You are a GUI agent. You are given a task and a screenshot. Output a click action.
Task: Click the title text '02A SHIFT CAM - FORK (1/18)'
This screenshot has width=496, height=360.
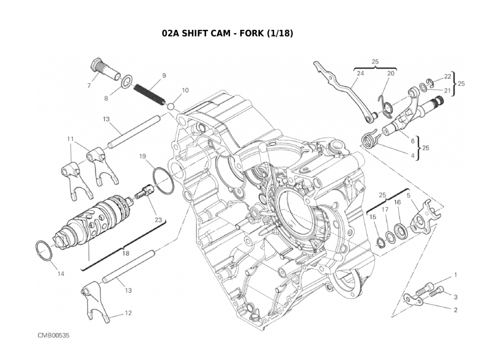pyautogui.click(x=228, y=33)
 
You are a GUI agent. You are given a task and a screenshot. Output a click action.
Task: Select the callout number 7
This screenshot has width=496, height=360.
pyautogui.click(x=89, y=86)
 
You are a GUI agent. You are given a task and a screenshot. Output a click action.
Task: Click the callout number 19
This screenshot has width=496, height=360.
pyautogui.click(x=142, y=156)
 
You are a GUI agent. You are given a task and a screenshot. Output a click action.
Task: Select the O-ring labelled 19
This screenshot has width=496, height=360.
pyautogui.click(x=163, y=182)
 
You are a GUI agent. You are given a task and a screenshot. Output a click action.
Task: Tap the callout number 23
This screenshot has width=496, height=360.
pyautogui.click(x=158, y=219)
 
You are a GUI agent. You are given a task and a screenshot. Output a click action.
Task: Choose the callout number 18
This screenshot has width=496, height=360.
pyautogui.click(x=125, y=252)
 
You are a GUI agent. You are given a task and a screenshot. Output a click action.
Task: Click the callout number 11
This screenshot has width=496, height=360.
pyautogui.click(x=70, y=139)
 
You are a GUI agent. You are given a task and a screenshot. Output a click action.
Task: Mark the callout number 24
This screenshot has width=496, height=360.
pyautogui.click(x=360, y=73)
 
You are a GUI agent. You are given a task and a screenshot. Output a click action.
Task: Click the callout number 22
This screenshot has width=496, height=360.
pyautogui.click(x=448, y=76)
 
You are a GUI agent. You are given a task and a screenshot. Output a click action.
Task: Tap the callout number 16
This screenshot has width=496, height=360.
pyautogui.click(x=398, y=202)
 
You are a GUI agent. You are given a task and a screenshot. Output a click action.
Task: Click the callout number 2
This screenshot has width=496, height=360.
pyautogui.click(x=456, y=310)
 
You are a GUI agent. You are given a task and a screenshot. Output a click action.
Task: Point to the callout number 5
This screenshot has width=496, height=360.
pyautogui.click(x=409, y=196)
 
